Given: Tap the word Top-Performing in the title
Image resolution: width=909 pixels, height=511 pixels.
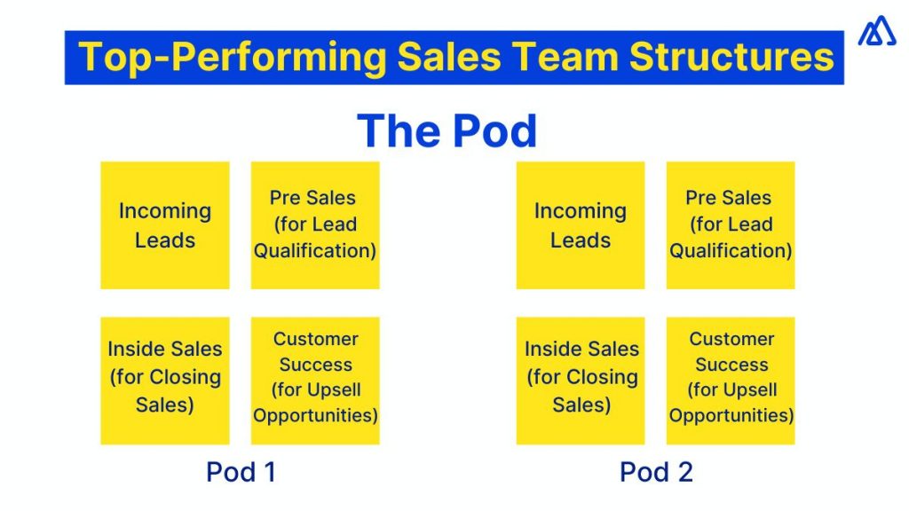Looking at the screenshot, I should pyautogui.click(x=232, y=58).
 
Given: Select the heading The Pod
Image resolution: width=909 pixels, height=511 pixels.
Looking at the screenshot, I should pyautogui.click(x=447, y=131).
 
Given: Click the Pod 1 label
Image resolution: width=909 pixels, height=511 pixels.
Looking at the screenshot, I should pyautogui.click(x=241, y=472).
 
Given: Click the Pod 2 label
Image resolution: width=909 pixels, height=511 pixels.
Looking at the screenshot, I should pyautogui.click(x=656, y=472).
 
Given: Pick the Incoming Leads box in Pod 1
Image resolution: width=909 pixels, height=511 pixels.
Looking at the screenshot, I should pyautogui.click(x=165, y=225).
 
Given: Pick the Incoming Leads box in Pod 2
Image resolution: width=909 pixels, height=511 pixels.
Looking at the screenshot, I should pyautogui.click(x=581, y=225).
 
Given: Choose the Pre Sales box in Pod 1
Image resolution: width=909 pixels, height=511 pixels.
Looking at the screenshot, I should pyautogui.click(x=315, y=225).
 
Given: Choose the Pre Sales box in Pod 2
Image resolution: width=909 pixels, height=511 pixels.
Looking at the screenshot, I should pyautogui.click(x=731, y=225).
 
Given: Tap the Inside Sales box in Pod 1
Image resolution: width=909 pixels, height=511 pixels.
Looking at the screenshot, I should pyautogui.click(x=165, y=381).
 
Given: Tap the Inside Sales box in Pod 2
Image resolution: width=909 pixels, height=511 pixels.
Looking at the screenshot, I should pyautogui.click(x=581, y=381).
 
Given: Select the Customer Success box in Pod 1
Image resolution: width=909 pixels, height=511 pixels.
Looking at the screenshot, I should pyautogui.click(x=315, y=381).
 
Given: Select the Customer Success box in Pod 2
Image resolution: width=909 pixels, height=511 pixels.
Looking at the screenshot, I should pyautogui.click(x=731, y=381).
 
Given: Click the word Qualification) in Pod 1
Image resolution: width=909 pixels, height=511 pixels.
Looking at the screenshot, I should pyautogui.click(x=315, y=251).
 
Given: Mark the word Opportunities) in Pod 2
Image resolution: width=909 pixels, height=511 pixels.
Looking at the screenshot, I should pyautogui.click(x=731, y=415).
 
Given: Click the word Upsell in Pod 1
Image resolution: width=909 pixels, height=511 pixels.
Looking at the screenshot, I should pyautogui.click(x=333, y=389).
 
